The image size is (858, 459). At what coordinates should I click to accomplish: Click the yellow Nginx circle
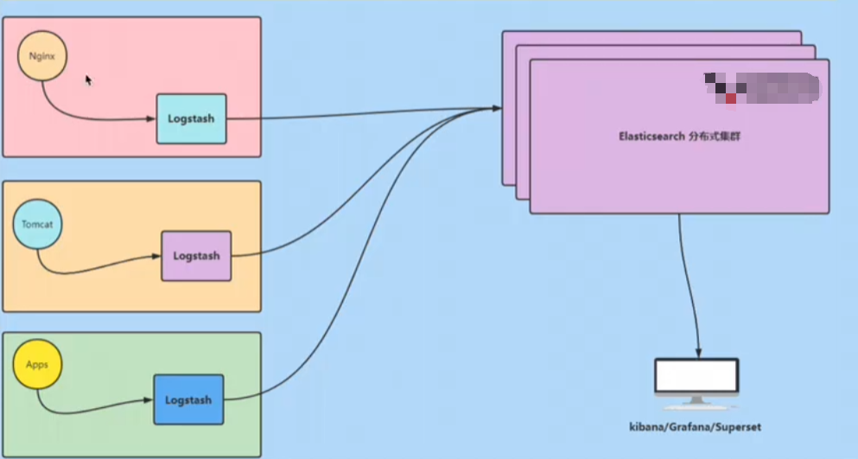click(42, 57)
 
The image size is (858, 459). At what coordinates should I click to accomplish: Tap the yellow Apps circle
click(37, 365)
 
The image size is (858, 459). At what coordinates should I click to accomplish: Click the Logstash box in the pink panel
click(191, 118)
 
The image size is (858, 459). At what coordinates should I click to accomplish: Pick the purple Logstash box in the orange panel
click(196, 256)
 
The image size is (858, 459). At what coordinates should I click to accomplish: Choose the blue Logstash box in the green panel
click(188, 399)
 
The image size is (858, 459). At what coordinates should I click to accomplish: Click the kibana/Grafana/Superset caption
click(696, 427)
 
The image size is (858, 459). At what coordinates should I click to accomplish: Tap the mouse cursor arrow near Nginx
click(88, 80)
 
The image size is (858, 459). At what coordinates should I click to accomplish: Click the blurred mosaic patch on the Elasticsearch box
click(760, 88)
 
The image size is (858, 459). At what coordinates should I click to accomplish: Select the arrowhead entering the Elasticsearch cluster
click(497, 108)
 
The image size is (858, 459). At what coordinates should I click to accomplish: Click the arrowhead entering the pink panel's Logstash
click(151, 118)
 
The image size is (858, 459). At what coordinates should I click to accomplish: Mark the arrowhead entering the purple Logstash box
click(156, 257)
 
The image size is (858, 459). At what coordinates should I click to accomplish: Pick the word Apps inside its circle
click(37, 365)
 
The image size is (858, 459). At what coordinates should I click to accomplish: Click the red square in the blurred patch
click(731, 99)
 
